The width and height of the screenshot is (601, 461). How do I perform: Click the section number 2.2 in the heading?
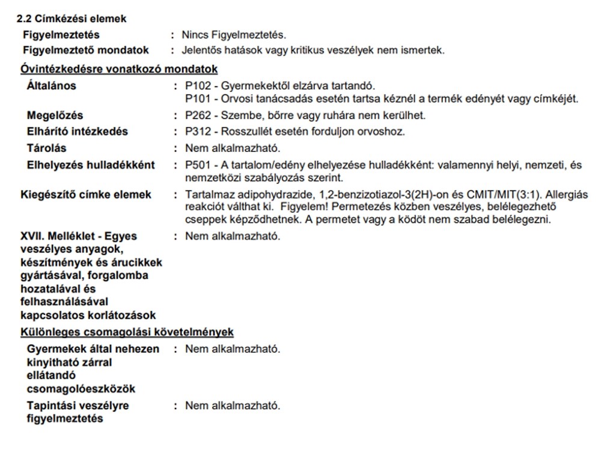click(23, 19)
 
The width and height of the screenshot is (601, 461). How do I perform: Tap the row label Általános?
click(52, 86)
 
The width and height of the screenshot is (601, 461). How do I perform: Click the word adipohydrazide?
click(264, 195)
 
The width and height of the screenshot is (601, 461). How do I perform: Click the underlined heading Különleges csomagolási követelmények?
click(127, 332)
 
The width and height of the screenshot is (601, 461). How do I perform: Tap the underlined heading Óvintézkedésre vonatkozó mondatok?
click(119, 69)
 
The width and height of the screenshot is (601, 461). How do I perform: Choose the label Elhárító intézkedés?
click(78, 132)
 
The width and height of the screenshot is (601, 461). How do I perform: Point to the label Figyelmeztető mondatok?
click(86, 50)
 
